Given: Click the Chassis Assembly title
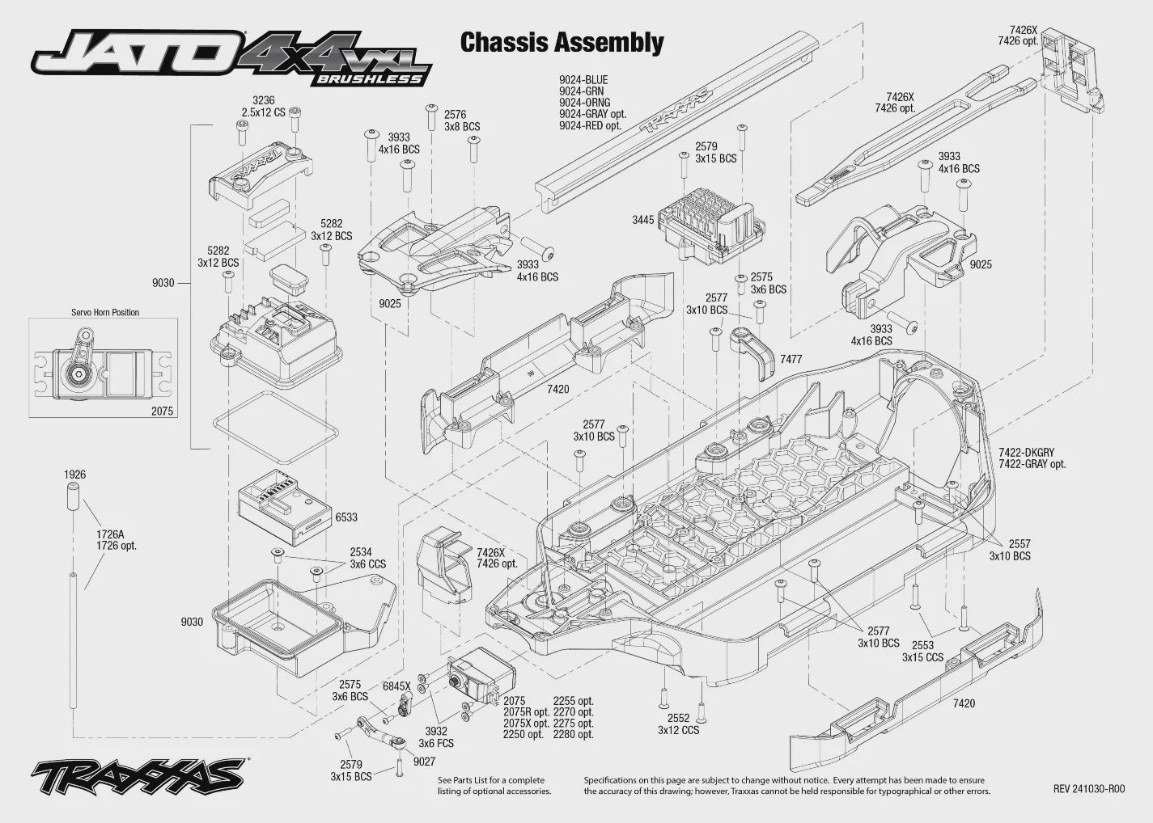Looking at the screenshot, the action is [x=562, y=42].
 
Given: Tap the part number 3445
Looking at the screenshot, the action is [x=643, y=220].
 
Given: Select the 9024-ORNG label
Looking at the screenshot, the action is [x=585, y=103].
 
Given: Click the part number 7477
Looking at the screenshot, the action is [x=791, y=359].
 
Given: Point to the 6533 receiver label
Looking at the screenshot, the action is [x=346, y=517].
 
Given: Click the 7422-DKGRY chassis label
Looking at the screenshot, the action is [x=1027, y=453].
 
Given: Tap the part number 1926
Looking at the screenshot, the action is [x=74, y=475].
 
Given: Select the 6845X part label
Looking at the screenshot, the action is [x=396, y=686].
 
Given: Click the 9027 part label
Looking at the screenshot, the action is [x=425, y=762].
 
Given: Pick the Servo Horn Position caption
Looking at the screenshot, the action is [x=105, y=312].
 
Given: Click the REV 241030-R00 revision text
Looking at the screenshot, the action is [x=1089, y=789].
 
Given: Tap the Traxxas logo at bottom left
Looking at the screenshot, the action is [x=138, y=775].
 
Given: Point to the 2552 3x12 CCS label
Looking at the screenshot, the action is [x=678, y=724].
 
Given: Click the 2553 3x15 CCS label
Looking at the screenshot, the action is [x=922, y=651].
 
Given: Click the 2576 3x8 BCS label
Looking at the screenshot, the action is [x=462, y=120].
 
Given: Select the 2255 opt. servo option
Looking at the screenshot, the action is [x=574, y=701].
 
